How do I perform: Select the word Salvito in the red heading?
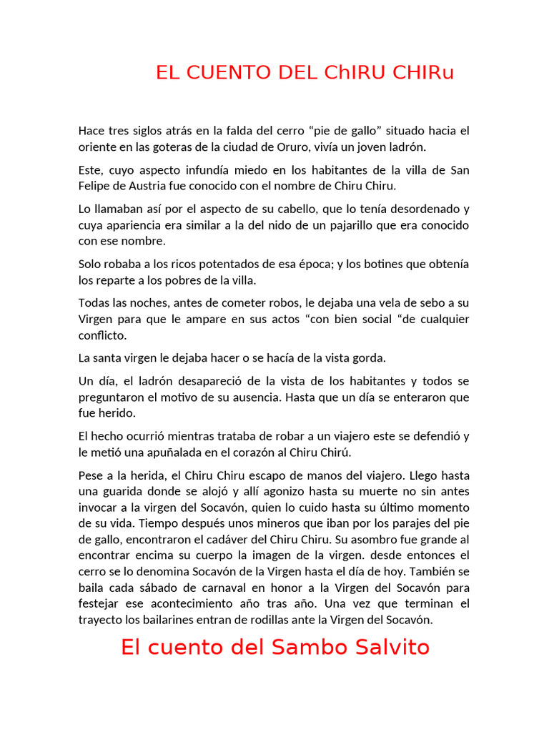(x=388, y=648)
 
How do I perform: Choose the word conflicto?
(x=102, y=335)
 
